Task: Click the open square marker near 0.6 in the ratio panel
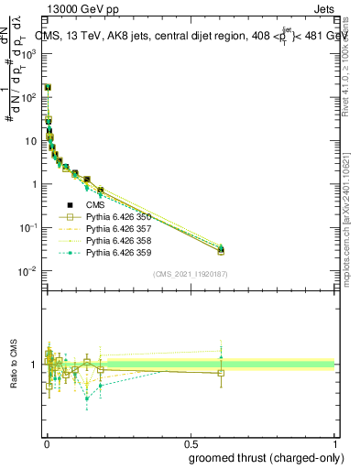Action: click(x=221, y=373)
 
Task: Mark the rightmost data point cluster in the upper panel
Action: click(x=221, y=249)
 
